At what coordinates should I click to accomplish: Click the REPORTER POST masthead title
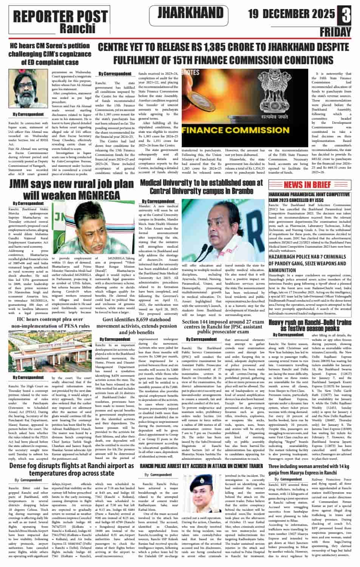point(60,16)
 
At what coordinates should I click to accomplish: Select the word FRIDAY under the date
point(335,32)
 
